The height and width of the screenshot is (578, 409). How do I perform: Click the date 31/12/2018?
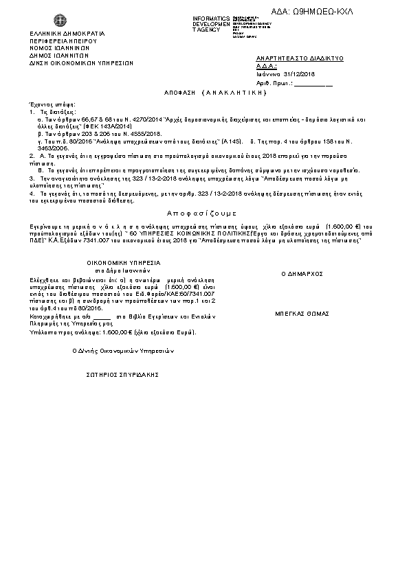300,74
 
